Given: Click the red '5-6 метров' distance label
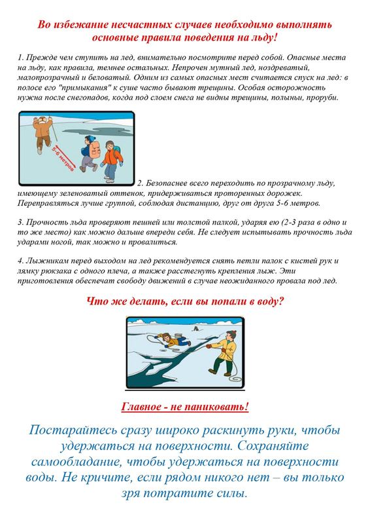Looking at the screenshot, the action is (x=63, y=159).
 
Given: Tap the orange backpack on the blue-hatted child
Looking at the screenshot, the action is (x=95, y=149).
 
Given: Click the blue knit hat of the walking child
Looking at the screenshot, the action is (x=90, y=138).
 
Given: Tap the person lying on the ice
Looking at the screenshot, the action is (x=173, y=340).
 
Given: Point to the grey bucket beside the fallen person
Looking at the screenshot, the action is (x=178, y=335).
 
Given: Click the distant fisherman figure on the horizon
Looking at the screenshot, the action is (x=195, y=329).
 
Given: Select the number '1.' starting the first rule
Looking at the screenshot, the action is (x=20, y=58).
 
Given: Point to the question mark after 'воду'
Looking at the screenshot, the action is (x=281, y=301).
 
